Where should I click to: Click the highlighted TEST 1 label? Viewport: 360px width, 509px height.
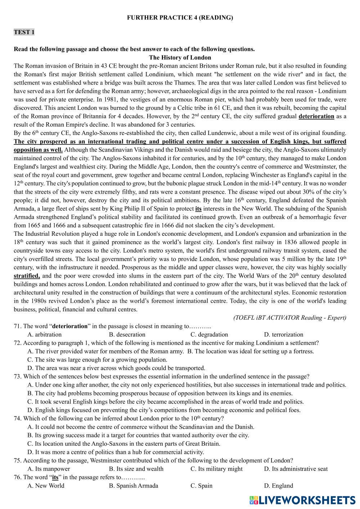24,32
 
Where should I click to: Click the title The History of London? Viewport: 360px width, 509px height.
180,58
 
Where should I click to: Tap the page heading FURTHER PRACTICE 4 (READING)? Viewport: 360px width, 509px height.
180,18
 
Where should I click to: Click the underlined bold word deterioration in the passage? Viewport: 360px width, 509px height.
316,116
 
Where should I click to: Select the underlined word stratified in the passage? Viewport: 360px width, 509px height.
27,276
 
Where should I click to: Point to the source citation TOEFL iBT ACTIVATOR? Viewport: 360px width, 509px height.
290,317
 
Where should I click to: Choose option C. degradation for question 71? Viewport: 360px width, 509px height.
209,334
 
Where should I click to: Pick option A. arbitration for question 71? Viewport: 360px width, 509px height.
44,334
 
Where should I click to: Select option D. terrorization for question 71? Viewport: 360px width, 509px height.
284,334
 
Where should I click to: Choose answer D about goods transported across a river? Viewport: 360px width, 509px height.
116,368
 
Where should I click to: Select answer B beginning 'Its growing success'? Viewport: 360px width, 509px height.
138,435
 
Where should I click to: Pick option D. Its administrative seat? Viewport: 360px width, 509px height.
296,469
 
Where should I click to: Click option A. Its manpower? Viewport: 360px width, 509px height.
49,469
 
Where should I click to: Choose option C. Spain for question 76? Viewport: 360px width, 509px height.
201,486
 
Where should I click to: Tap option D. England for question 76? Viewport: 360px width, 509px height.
279,486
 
